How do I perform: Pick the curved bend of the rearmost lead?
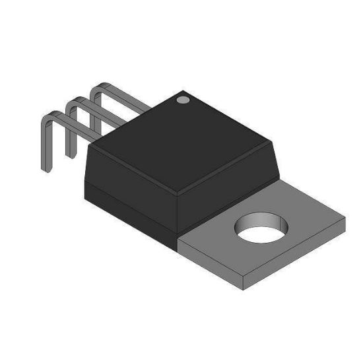coord(98,88)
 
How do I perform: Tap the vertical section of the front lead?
coord(46,145)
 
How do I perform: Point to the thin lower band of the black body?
coord(132,208)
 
